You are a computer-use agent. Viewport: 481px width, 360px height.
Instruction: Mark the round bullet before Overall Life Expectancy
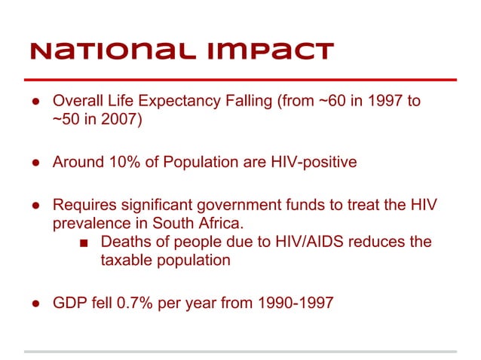pos(35,102)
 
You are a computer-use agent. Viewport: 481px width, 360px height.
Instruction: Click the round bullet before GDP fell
pos(35,304)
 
